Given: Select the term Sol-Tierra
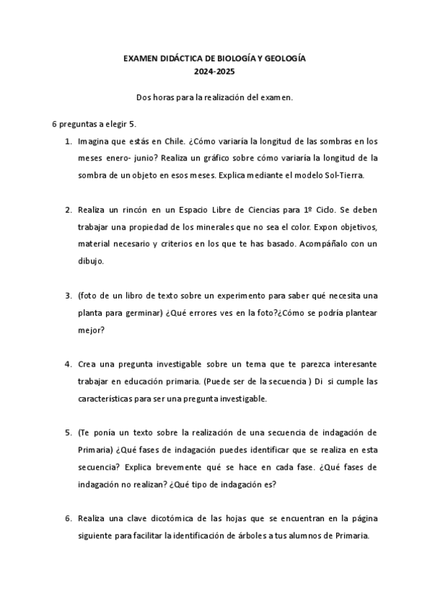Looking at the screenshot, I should click(x=344, y=174).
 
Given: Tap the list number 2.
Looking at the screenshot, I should click(x=68, y=210).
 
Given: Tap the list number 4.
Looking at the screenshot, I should click(x=68, y=365).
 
